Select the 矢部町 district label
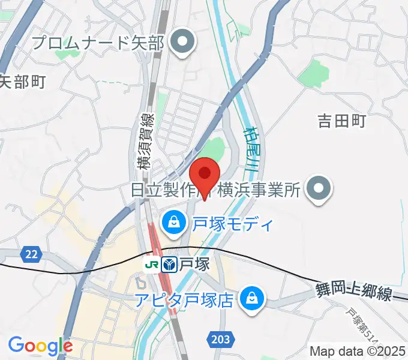tap(22, 82)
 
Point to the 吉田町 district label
tap(342, 121)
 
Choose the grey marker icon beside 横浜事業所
tap(319, 189)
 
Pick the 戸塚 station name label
tap(193, 264)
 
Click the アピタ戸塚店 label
tap(183, 299)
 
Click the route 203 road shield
tap(220, 340)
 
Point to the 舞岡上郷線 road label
tap(353, 293)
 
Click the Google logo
tap(40, 346)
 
